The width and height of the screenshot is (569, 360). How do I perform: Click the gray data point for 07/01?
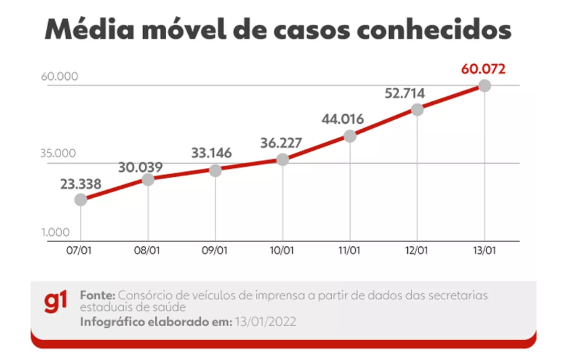pyautogui.click(x=81, y=199)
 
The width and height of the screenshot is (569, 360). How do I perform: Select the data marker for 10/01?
pyautogui.click(x=283, y=159)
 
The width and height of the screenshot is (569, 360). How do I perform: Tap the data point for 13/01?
pyautogui.click(x=484, y=86)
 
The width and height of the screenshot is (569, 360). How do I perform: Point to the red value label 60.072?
pyautogui.click(x=483, y=69)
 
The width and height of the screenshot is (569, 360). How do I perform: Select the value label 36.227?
pyautogui.click(x=281, y=142)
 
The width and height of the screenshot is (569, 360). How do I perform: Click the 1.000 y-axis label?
pyautogui.click(x=56, y=232)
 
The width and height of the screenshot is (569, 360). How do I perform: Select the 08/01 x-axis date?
pyautogui.click(x=148, y=251)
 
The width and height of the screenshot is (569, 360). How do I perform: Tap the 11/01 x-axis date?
pyautogui.click(x=350, y=251)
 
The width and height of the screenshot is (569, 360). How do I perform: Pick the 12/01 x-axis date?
pyautogui.click(x=417, y=251)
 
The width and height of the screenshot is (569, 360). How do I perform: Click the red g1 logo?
pyautogui.click(x=56, y=302)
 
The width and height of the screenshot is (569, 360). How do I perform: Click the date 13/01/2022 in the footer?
pyautogui.click(x=265, y=322)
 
